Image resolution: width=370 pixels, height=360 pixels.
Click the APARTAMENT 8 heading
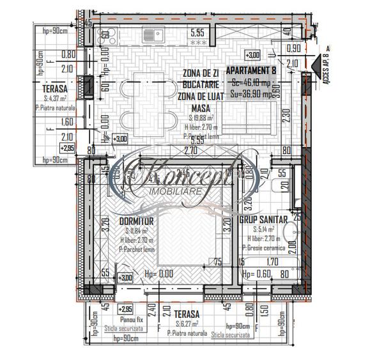point(252,71)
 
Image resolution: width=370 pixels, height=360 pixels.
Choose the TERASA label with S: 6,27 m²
point(186,314)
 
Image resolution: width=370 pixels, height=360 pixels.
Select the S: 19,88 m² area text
point(201,118)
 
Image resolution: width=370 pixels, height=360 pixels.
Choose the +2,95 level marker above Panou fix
point(127,308)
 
